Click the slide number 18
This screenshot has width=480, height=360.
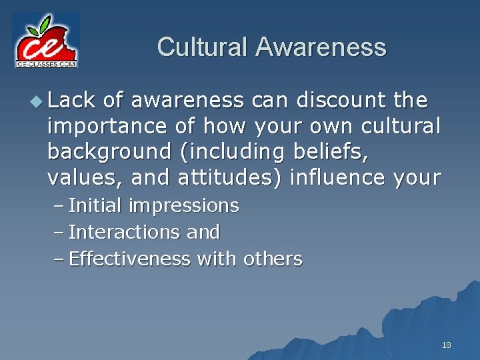coord(446,345)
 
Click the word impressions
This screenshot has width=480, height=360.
coord(183,206)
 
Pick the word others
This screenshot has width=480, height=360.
coord(273,259)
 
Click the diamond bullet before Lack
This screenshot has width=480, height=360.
coord(39,101)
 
